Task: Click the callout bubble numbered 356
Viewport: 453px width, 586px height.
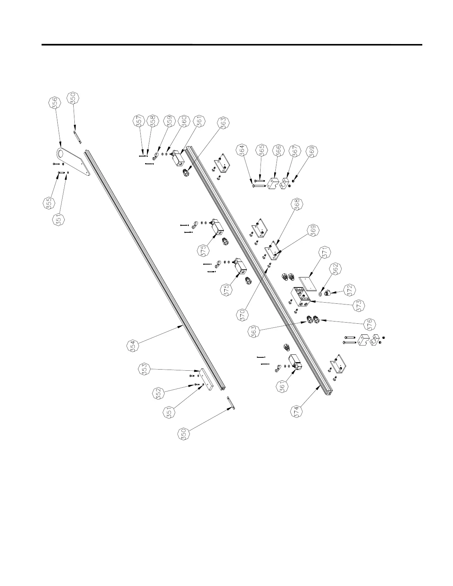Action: click(55, 102)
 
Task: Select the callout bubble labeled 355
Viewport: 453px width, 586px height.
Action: click(48, 204)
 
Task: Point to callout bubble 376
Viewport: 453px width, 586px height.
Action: click(369, 324)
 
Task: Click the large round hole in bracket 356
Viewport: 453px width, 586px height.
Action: click(61, 152)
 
